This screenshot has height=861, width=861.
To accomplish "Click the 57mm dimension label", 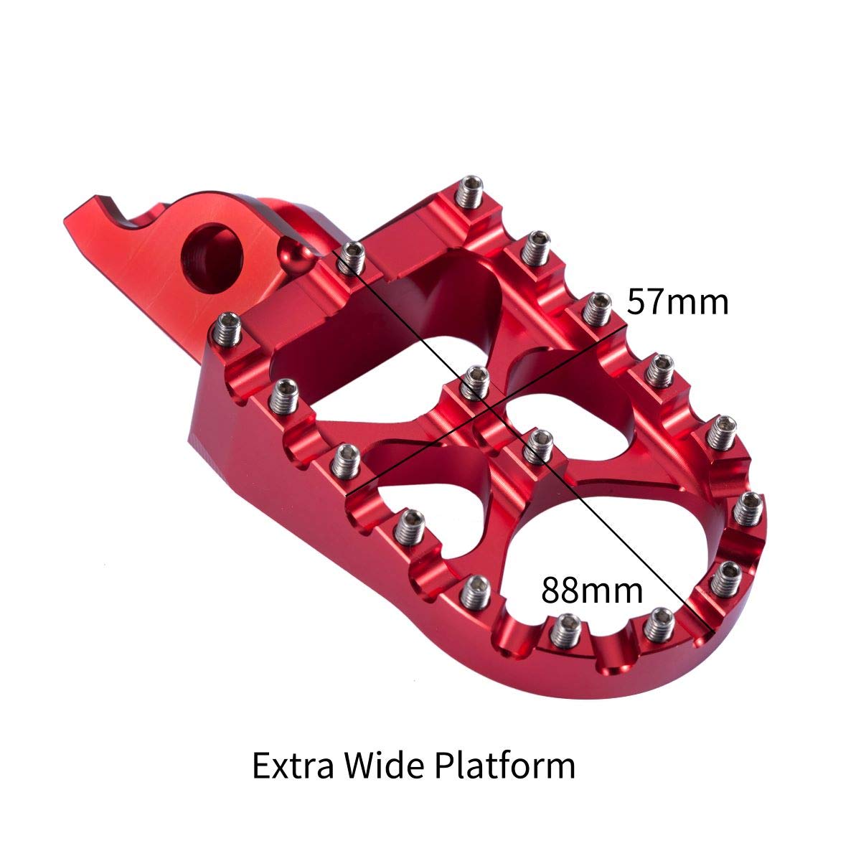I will click(x=677, y=302).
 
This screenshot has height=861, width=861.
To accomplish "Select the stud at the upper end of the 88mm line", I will click(x=352, y=256).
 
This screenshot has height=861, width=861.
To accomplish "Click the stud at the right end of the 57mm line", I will click(x=595, y=309).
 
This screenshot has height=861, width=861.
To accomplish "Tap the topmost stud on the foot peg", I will click(x=471, y=191).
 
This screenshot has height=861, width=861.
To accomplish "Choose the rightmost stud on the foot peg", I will click(x=748, y=507).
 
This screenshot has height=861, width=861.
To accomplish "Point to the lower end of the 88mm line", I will click(x=710, y=631).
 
